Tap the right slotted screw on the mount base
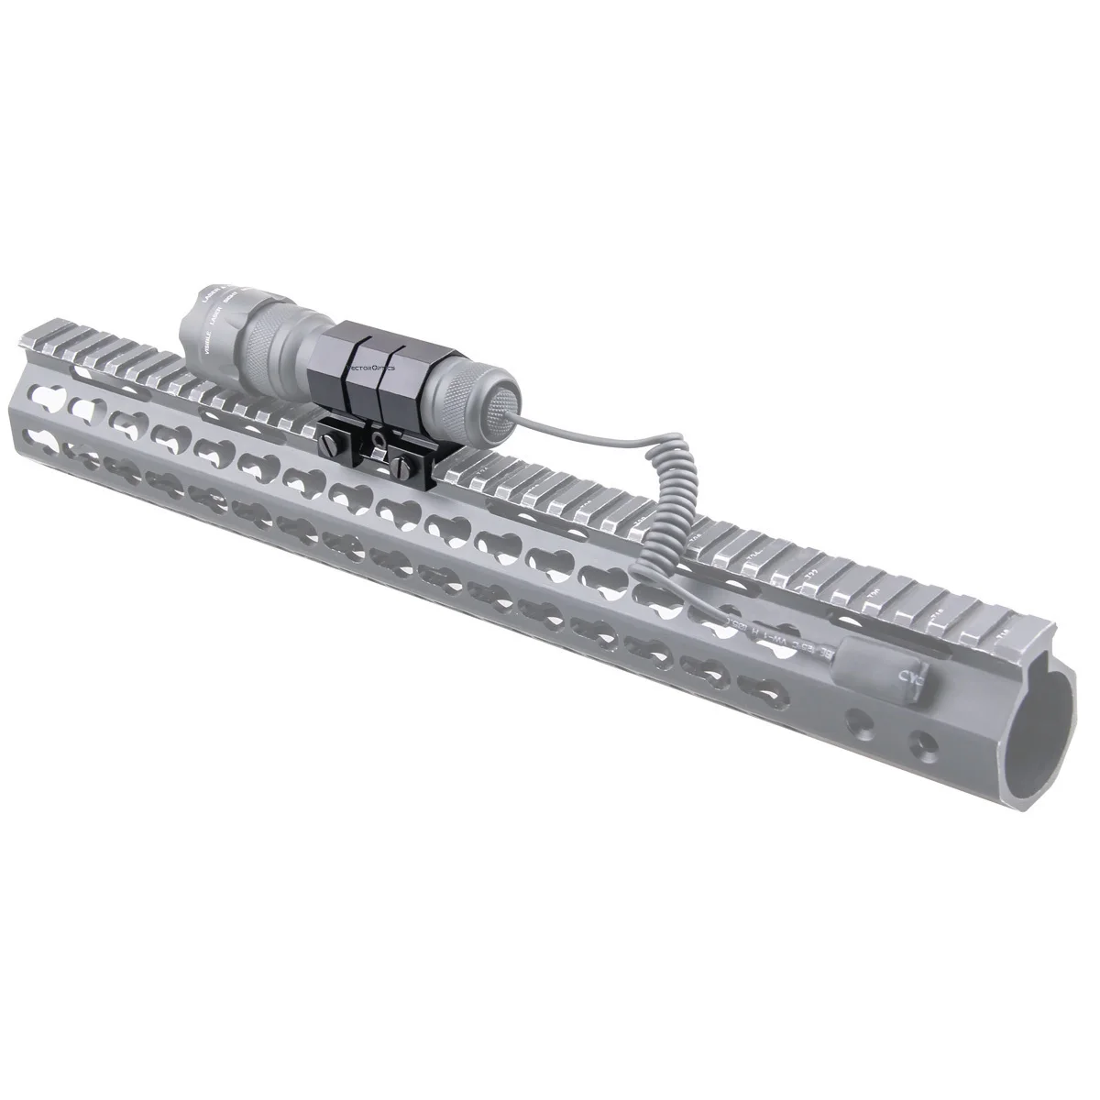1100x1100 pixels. coord(401,464)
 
